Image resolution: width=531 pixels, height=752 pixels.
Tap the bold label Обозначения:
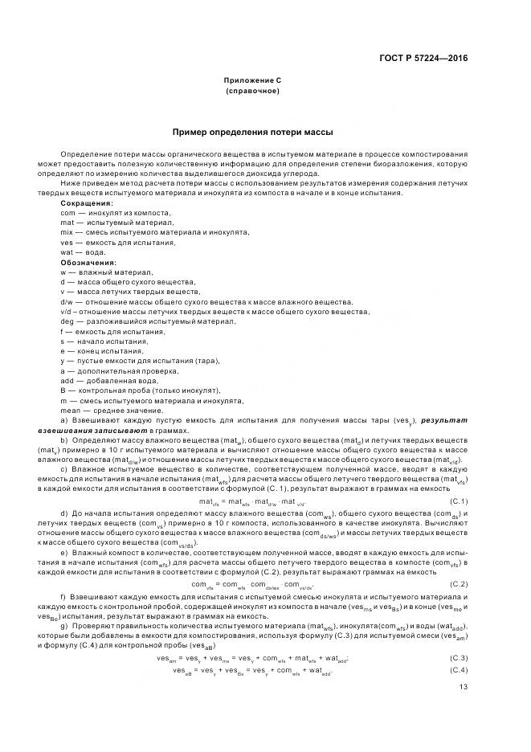(88, 262)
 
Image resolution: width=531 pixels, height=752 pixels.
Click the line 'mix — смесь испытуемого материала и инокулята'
(154, 232)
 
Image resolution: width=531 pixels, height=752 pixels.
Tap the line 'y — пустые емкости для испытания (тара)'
(132, 360)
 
